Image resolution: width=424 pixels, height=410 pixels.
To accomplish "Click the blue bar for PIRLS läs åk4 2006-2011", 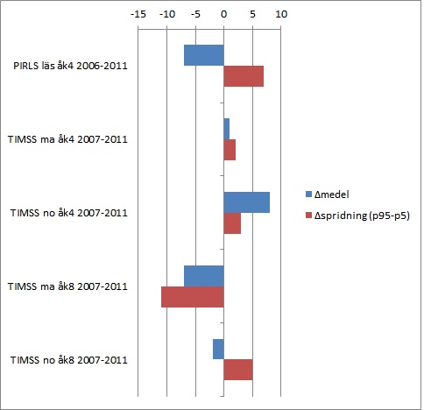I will click(203, 54).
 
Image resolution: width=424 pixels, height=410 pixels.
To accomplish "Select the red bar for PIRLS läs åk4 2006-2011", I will click(244, 76).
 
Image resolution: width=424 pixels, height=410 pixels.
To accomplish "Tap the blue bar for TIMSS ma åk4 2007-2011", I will click(226, 129).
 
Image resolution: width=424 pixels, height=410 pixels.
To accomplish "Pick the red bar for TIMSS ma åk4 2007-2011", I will click(230, 150).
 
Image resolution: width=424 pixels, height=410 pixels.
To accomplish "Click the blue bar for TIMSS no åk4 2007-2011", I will click(246, 202).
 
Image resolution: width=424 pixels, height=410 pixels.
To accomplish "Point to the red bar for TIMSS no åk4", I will click(232, 223).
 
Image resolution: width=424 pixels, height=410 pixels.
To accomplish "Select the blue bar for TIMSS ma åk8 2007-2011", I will click(203, 275).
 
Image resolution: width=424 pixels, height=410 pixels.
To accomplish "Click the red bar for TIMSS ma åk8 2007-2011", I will click(192, 296).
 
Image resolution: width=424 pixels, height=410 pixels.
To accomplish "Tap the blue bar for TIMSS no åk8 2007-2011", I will click(218, 349).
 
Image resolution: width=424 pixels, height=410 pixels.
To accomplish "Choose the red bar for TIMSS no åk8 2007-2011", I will click(238, 370).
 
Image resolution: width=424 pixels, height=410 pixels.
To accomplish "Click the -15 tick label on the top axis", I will click(138, 15).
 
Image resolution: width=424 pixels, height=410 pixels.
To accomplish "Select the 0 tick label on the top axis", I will click(223, 15).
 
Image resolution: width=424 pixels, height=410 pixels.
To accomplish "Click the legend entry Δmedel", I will click(332, 194).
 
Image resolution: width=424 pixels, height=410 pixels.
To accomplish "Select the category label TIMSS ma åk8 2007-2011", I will click(67, 286).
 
